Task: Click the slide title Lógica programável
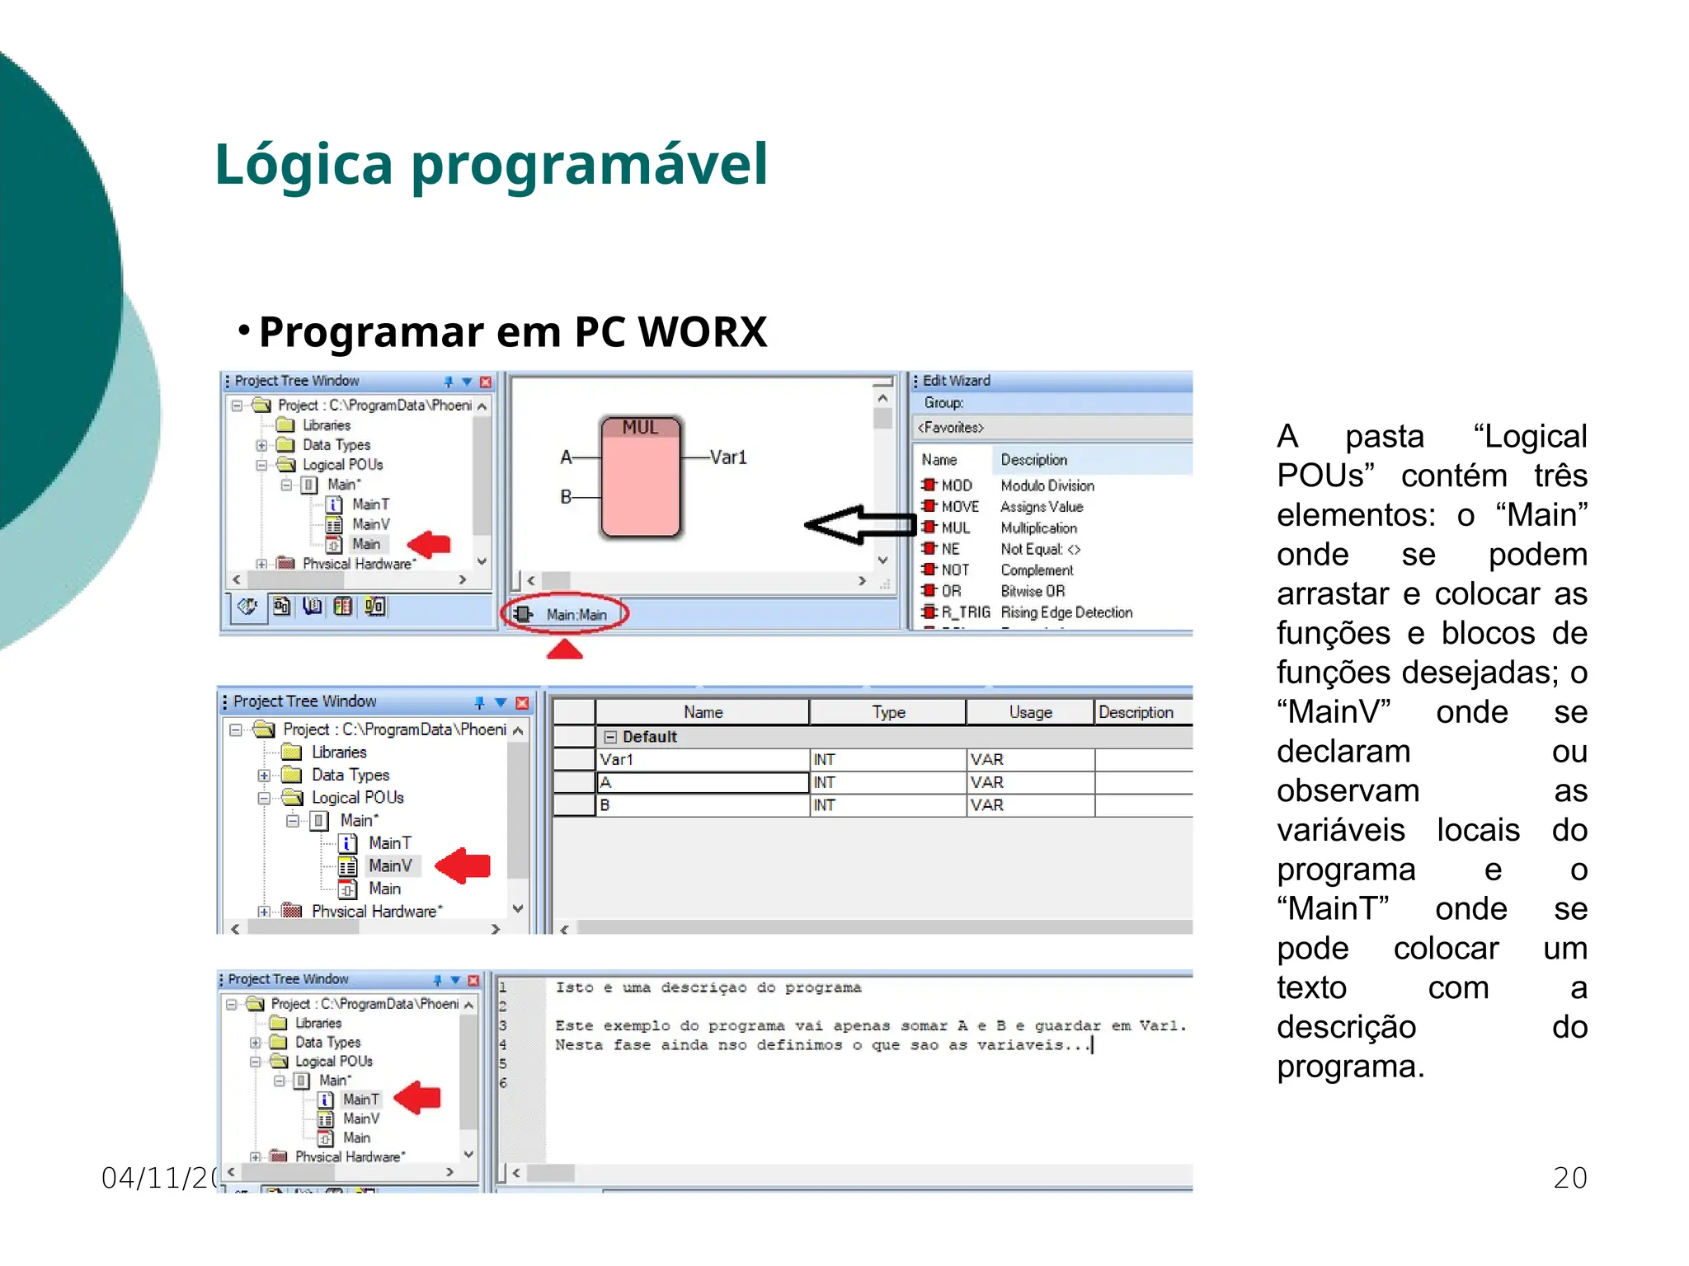pos(491,164)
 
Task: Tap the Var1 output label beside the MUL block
pos(728,457)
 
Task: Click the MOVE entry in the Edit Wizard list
pos(959,507)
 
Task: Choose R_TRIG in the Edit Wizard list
pos(965,612)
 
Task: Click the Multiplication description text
pos(1038,528)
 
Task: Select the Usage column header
pos(1030,712)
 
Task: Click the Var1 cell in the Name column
pos(617,759)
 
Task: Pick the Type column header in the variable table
pos(888,712)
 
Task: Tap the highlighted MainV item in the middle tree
pos(390,866)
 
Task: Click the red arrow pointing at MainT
pos(418,1098)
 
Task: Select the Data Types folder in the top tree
pos(336,445)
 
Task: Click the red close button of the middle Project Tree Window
pos(522,703)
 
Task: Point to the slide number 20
pos(1569,1178)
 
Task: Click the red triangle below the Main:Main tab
pos(565,650)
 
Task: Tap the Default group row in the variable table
pos(650,737)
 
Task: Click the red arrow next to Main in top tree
pos(430,543)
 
